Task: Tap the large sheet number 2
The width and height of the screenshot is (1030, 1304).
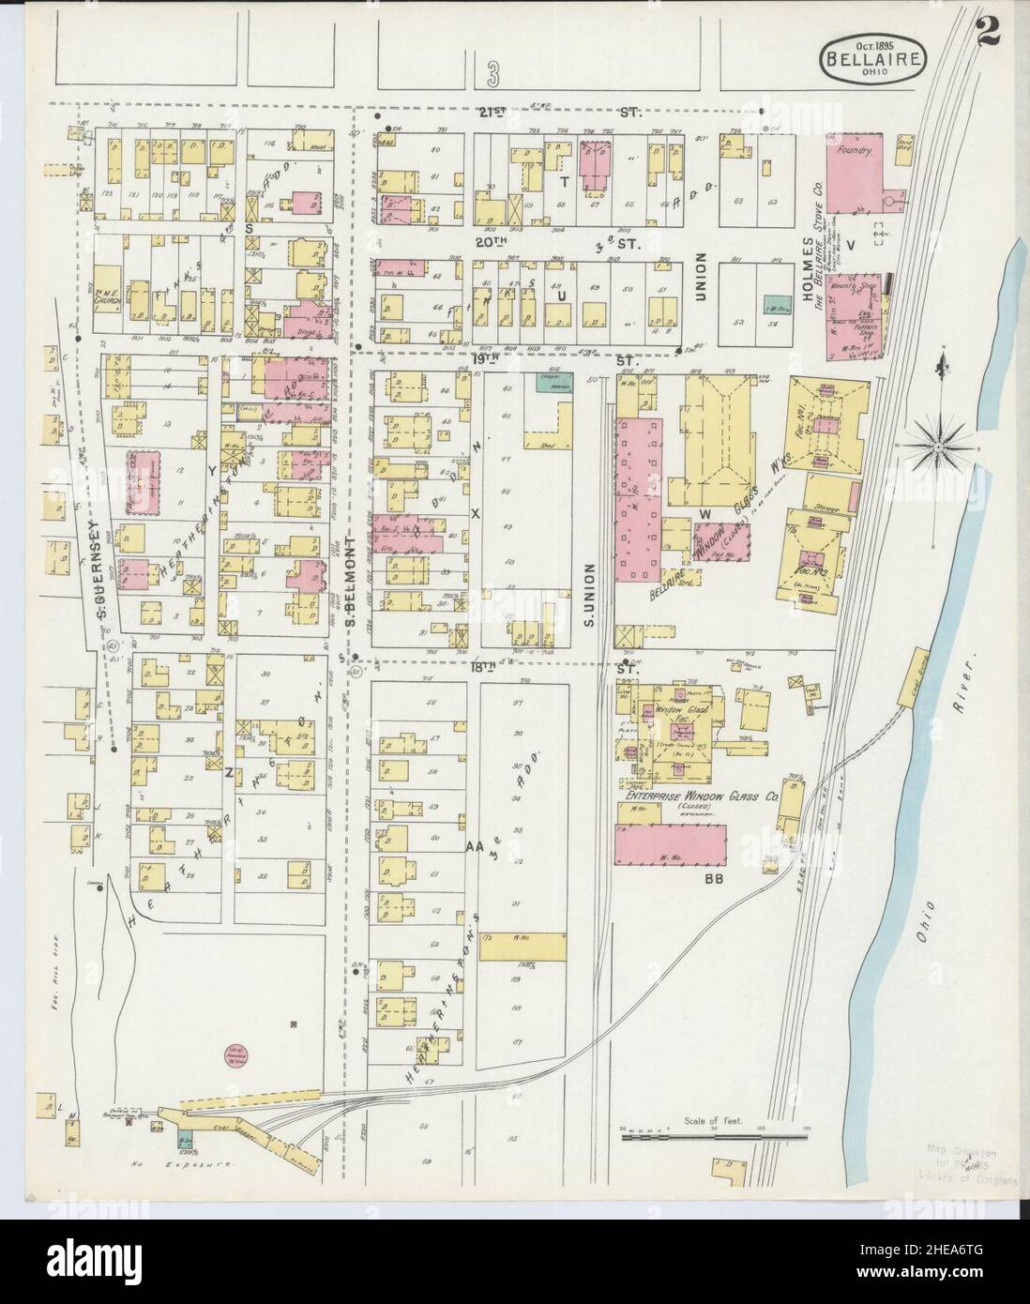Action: [x=986, y=23]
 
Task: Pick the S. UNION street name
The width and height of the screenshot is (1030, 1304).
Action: [x=590, y=587]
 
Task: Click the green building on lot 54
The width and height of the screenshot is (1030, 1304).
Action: [x=775, y=304]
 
